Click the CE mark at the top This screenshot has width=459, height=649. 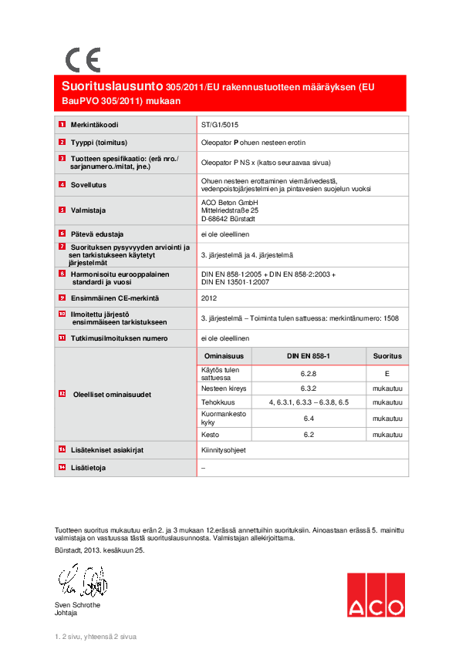82,59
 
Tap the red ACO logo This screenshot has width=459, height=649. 375,595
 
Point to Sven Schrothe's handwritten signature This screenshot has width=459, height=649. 82,581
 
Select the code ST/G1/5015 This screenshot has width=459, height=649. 219,123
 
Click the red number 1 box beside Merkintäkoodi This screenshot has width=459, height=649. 62,124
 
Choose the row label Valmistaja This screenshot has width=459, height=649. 88,210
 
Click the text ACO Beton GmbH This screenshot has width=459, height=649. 228,201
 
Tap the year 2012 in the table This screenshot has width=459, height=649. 209,297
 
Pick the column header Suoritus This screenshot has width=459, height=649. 387,356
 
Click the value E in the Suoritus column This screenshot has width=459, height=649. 387,374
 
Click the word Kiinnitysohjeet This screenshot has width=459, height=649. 224,449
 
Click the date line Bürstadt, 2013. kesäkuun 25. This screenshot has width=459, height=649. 100,550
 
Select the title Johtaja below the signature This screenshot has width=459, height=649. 66,613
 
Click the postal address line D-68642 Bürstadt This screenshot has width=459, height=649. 230,218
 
